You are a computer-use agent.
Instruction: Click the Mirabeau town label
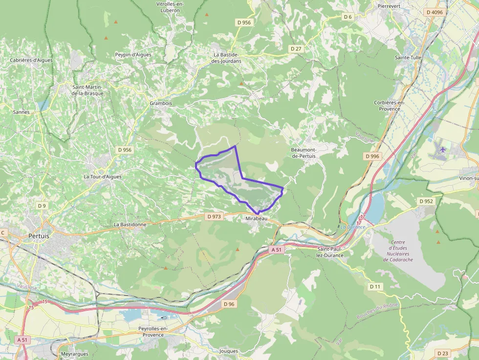point(257,219)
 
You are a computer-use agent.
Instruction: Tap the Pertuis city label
point(39,235)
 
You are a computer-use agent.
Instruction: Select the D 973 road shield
point(214,216)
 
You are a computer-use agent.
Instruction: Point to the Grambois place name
point(161,104)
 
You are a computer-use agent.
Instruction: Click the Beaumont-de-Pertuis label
point(304,152)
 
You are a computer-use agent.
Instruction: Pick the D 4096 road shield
point(434,12)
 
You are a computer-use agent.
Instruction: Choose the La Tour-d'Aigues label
point(103,176)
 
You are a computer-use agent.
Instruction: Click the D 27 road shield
point(296,49)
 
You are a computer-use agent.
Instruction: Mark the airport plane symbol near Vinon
point(443,149)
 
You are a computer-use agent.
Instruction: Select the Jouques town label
point(229,351)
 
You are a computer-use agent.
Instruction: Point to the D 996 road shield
point(372,156)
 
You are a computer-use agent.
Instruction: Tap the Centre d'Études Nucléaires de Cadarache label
point(398,251)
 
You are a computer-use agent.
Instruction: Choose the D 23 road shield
point(443,353)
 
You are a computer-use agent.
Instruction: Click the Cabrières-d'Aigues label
point(31,60)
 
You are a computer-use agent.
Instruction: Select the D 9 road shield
point(42,206)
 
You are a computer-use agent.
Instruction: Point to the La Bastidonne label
point(130,224)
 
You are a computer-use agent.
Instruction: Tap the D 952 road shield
point(426,201)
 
